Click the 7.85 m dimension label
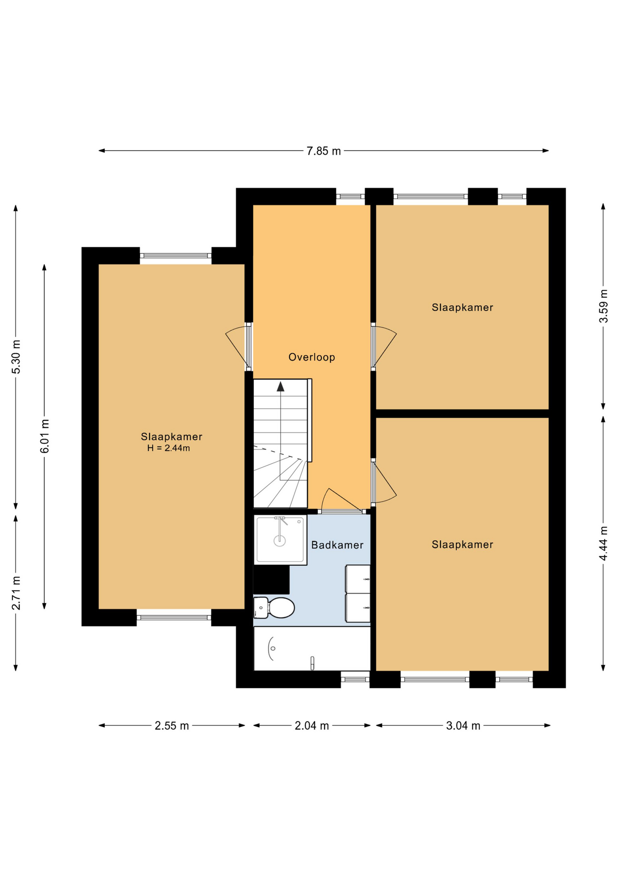pyautogui.click(x=324, y=151)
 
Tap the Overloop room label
pyautogui.click(x=312, y=357)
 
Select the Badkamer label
pyautogui.click(x=337, y=545)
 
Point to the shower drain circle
pyautogui.click(x=279, y=541)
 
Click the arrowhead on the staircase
pyautogui.click(x=281, y=386)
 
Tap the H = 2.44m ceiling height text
pyautogui.click(x=169, y=448)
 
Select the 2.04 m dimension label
pyautogui.click(x=312, y=726)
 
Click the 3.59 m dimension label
pyautogui.click(x=604, y=306)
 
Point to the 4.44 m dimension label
pyautogui.click(x=604, y=543)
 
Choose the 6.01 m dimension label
pyautogui.click(x=45, y=436)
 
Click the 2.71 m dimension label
pyautogui.click(x=16, y=593)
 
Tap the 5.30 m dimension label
pyautogui.click(x=16, y=357)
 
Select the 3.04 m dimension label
pyautogui.click(x=463, y=726)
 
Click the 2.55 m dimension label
pyautogui.click(x=172, y=726)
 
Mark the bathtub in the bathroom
pyautogui.click(x=312, y=648)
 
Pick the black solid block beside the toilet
pyautogui.click(x=271, y=579)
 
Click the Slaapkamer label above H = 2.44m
pyautogui.click(x=172, y=437)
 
